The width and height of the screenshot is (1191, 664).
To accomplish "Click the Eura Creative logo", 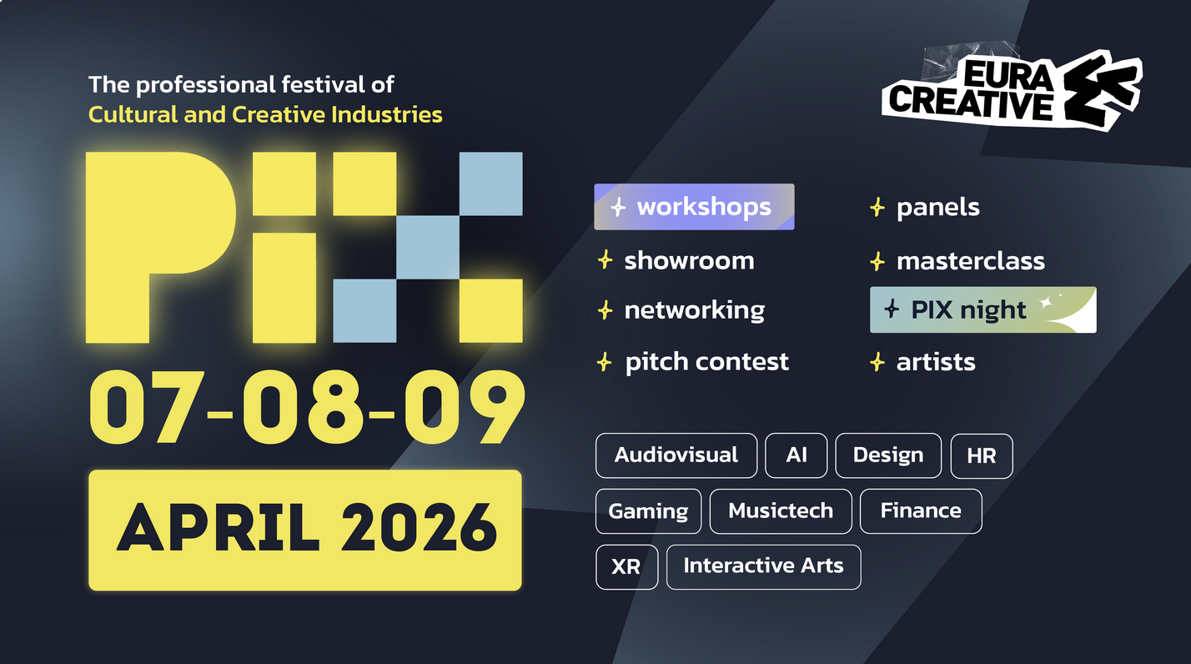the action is tap(1012, 89).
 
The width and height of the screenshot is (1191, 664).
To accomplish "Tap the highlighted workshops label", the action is tap(694, 207).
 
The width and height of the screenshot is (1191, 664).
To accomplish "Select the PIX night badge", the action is tap(983, 310).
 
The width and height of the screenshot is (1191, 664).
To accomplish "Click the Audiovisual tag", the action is tap(676, 455).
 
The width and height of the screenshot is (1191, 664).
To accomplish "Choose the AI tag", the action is tap(796, 455).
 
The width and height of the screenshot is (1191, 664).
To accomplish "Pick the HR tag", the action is tap(982, 456).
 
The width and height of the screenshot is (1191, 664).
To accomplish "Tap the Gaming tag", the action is tap(648, 511).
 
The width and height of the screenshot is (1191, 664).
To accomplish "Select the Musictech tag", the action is tap(781, 511).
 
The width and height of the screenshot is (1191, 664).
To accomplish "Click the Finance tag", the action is tap(921, 511).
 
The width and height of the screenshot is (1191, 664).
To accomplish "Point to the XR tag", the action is tap(626, 567).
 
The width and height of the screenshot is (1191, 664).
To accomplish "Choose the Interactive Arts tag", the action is tap(763, 567).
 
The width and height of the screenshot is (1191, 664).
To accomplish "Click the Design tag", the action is tap(888, 455).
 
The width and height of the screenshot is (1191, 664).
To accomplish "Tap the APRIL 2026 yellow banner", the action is tap(305, 530).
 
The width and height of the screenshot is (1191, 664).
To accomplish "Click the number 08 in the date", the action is tap(303, 407).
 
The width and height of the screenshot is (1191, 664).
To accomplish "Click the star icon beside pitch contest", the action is tap(605, 363).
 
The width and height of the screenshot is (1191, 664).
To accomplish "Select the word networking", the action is tap(695, 310).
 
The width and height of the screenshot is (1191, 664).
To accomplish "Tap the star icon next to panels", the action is tap(877, 208).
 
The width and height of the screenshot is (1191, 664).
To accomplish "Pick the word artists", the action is tap(936, 363).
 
